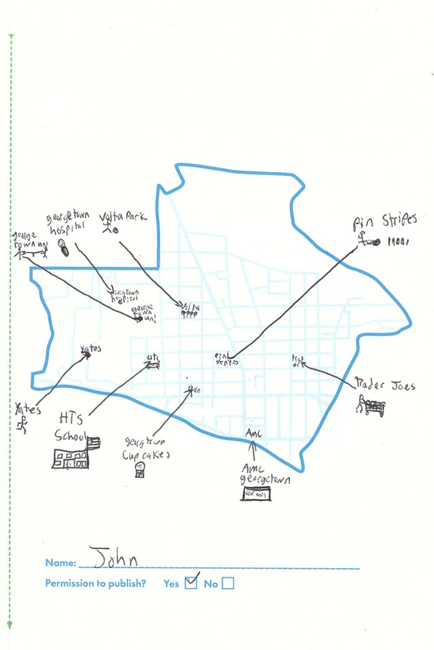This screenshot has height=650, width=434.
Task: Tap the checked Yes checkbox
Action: [x=191, y=582]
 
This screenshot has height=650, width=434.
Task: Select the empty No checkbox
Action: [x=227, y=583]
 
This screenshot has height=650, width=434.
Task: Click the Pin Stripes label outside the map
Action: [x=384, y=222]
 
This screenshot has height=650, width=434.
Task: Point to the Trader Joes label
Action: [x=385, y=385]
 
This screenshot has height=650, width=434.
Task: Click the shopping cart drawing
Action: [x=372, y=406]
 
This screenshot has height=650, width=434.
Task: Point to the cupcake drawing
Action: [x=139, y=470]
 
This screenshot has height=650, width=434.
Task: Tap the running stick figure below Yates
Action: [x=23, y=425]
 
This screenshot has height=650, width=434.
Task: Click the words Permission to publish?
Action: [x=96, y=583]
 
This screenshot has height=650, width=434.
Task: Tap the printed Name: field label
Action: [x=60, y=563]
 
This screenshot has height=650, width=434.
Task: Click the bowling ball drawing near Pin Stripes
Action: [x=376, y=242]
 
